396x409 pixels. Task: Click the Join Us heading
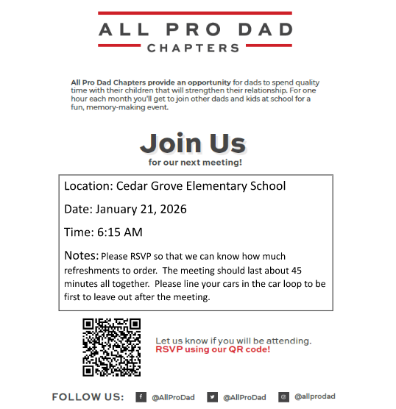click(193, 141)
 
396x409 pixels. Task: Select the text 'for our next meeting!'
click(195, 162)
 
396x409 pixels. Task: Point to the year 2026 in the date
click(172, 209)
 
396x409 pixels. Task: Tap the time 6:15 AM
click(119, 232)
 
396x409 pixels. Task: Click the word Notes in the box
click(80, 256)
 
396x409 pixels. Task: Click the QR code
click(112, 346)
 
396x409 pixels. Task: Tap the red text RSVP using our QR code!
click(213, 349)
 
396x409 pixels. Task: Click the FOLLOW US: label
click(88, 397)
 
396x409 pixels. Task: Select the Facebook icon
click(141, 397)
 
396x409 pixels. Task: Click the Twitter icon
click(212, 397)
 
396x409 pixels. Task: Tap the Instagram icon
click(283, 397)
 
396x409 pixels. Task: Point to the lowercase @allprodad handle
click(314, 397)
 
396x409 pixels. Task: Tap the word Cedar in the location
click(132, 186)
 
